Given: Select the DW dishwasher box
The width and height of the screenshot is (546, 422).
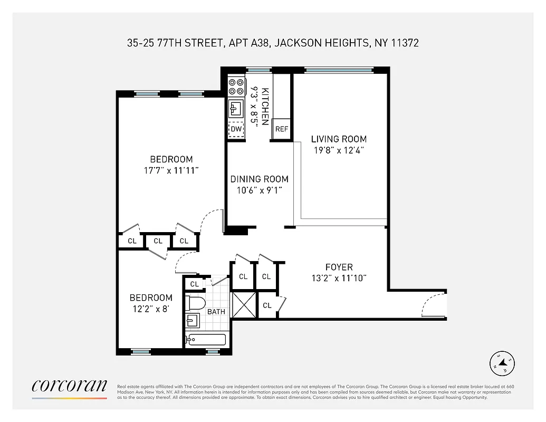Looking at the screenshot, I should pyautogui.click(x=236, y=129).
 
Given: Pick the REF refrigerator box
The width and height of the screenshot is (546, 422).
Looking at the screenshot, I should pyautogui.click(x=282, y=129).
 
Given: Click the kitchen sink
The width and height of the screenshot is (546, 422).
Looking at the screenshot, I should pyautogui.click(x=235, y=109).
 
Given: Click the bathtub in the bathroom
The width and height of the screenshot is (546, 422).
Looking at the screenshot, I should pyautogui.click(x=206, y=339).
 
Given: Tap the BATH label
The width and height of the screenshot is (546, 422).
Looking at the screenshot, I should pyautogui.click(x=216, y=312).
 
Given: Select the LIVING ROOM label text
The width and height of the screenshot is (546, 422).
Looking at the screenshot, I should pyautogui.click(x=339, y=139).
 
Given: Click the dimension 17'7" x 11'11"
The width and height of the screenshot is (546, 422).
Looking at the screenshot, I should pyautogui.click(x=171, y=170).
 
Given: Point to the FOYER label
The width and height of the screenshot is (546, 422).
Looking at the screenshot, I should pyautogui.click(x=339, y=267).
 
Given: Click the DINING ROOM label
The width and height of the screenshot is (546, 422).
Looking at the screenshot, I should pyautogui.click(x=259, y=179).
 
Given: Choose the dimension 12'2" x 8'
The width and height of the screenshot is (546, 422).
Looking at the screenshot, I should pyautogui.click(x=151, y=309).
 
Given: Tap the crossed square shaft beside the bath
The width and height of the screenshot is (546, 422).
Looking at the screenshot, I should pyautogui.click(x=243, y=304).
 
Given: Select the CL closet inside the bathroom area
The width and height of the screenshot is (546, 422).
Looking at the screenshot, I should pyautogui.click(x=195, y=284).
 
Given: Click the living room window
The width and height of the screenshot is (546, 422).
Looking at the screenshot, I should pyautogui.click(x=339, y=70).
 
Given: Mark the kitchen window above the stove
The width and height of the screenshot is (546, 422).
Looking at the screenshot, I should pyautogui.click(x=258, y=70).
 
